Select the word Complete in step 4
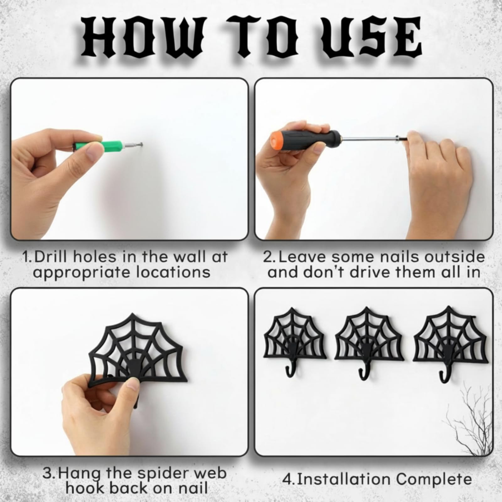(434, 480)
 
